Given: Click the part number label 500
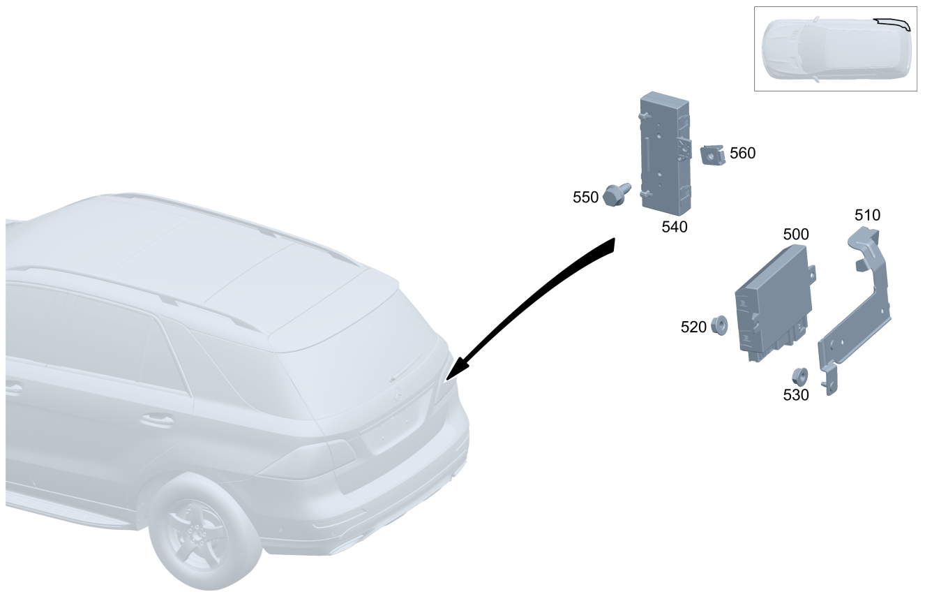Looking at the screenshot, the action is (796, 235).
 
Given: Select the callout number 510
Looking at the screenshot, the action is (867, 216).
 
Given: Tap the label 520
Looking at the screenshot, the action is (693, 327).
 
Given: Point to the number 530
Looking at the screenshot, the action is (796, 395).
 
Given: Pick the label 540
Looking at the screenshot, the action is (674, 227).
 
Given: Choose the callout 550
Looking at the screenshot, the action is (585, 198).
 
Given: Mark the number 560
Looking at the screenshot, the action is (742, 153).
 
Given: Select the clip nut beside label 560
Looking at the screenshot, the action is (712, 154).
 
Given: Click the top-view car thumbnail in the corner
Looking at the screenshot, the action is (835, 48).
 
